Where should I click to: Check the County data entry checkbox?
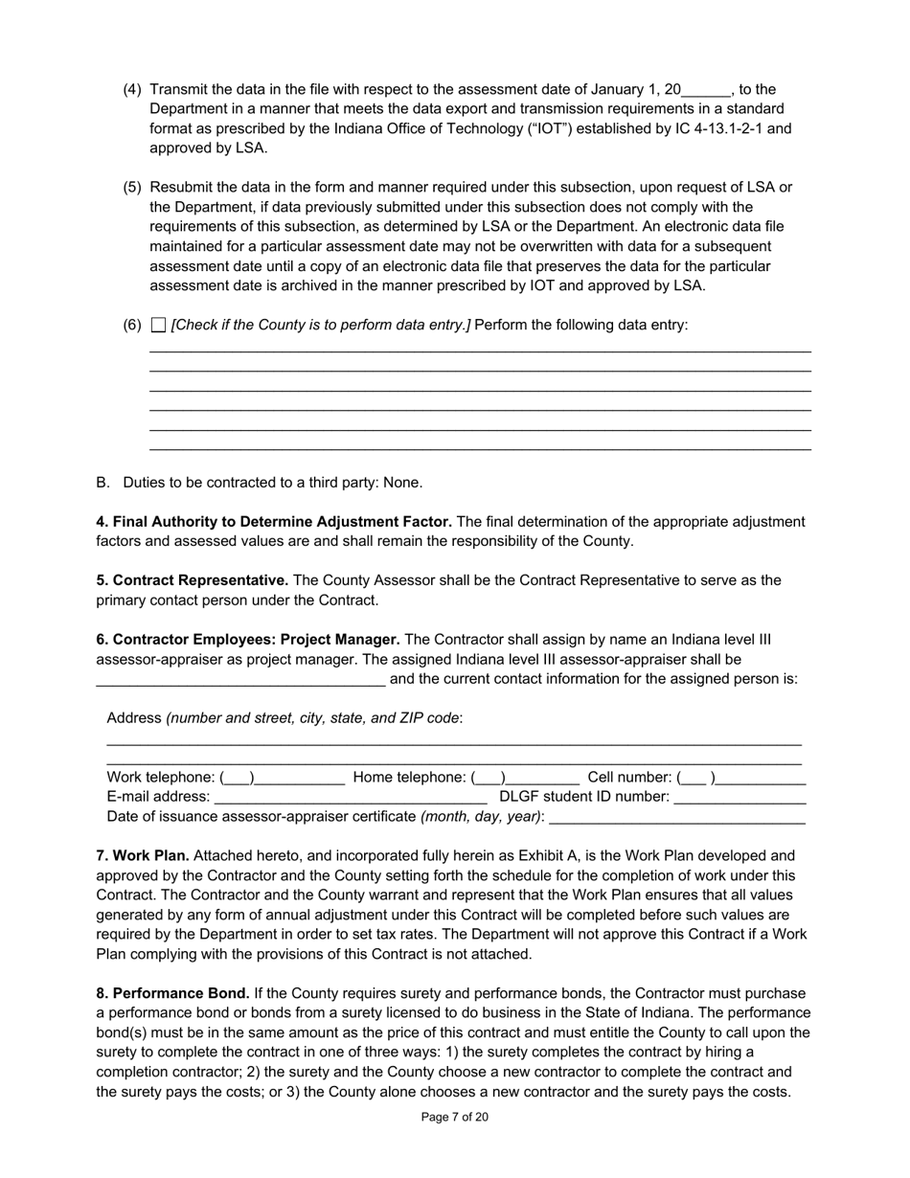click(159, 326)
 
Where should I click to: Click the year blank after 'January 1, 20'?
click(706, 91)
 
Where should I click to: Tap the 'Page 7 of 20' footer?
click(455, 1117)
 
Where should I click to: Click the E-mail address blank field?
click(351, 797)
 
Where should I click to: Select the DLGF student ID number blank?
click(739, 797)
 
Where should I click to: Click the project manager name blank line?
click(240, 680)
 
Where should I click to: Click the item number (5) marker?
click(132, 188)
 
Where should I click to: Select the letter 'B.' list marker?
click(103, 483)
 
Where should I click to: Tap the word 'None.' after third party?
click(402, 483)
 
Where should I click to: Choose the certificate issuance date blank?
click(677, 817)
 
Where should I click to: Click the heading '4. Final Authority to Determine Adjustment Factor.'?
click(274, 522)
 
